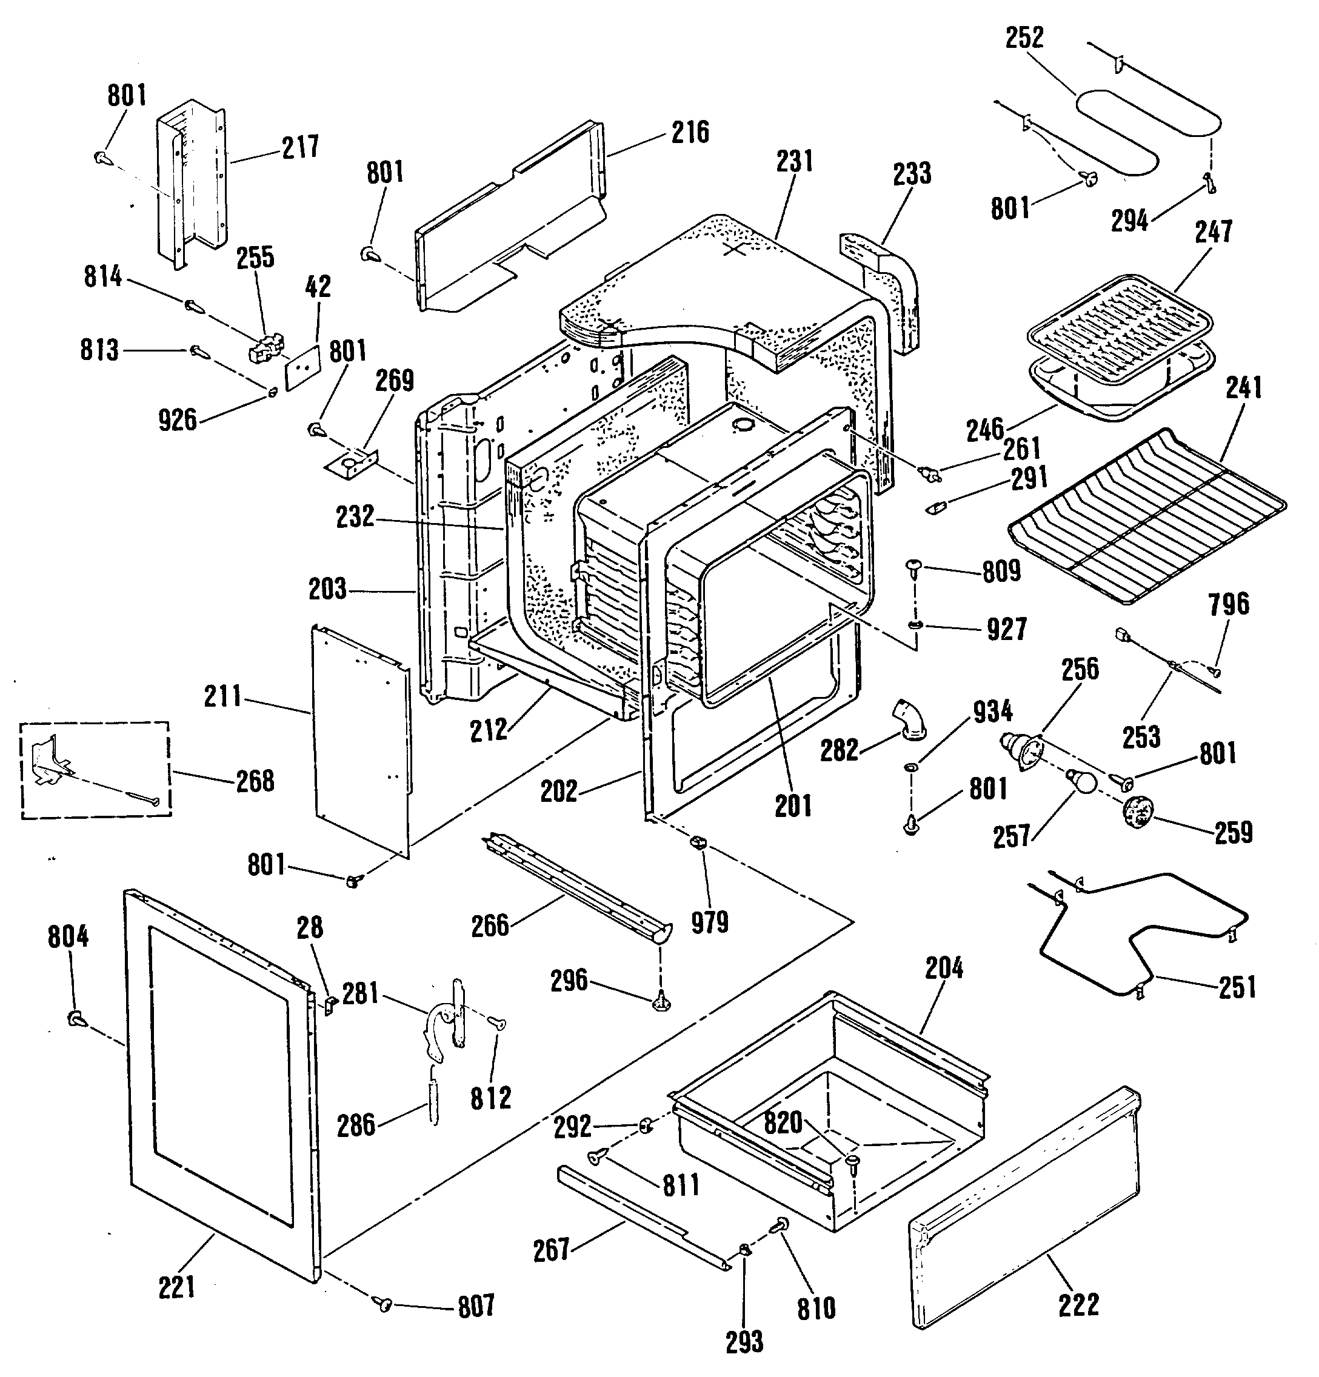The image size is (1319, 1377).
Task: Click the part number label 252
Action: point(1024,38)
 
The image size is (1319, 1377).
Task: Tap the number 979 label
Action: point(710,922)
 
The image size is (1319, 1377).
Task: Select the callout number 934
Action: point(992,712)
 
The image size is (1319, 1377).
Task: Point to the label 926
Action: point(178,420)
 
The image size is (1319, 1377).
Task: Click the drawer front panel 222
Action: point(1023,1208)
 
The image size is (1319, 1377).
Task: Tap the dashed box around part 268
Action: point(95,769)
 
